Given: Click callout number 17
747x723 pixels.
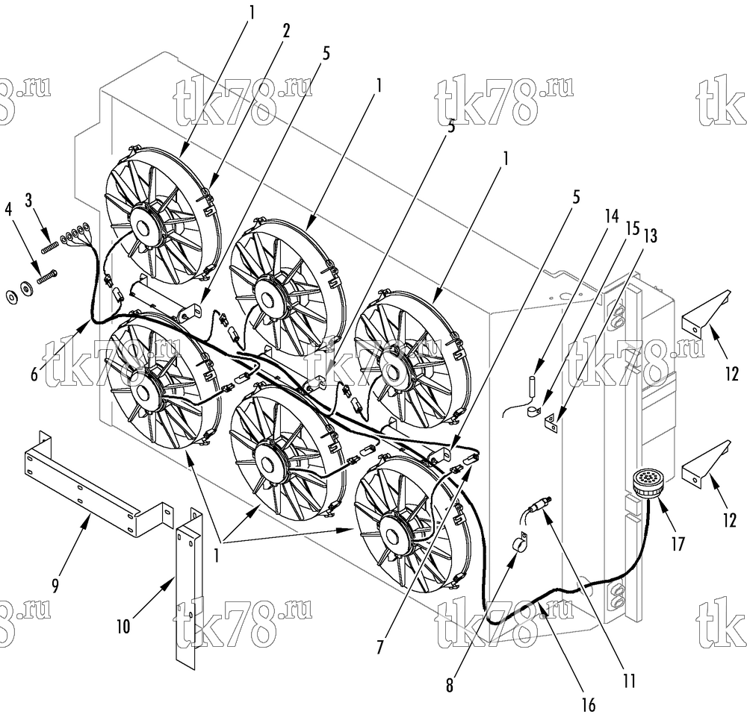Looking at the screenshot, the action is pyautogui.click(x=677, y=544).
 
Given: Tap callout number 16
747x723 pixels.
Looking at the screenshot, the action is pyautogui.click(x=589, y=705).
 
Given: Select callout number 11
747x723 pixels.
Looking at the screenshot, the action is pyautogui.click(x=629, y=681).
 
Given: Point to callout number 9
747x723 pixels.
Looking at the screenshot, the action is pyautogui.click(x=55, y=586).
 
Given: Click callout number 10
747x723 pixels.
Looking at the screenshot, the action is pyautogui.click(x=123, y=627).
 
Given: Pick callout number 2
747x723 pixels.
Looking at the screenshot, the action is pyautogui.click(x=285, y=31).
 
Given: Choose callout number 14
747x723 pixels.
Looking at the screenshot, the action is pyautogui.click(x=611, y=216).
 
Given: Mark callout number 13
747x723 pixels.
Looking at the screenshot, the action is pyautogui.click(x=649, y=236).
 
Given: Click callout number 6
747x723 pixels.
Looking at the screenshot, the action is pyautogui.click(x=34, y=375).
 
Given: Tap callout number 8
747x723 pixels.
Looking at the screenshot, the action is pyautogui.click(x=449, y=685).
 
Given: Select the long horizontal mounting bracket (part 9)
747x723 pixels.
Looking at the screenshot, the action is pyautogui.click(x=96, y=486).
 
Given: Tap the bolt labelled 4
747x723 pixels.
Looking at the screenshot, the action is pyautogui.click(x=46, y=276).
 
